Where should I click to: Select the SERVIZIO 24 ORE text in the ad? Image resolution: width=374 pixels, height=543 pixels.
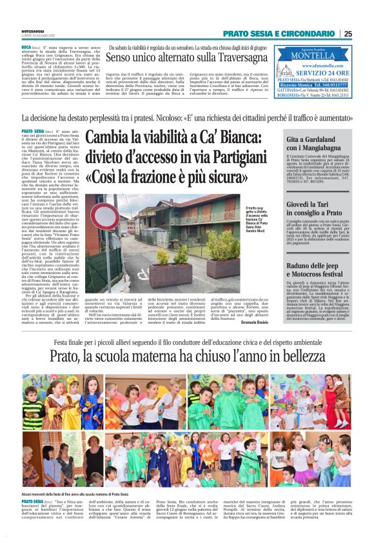pyautogui.click(x=321, y=72)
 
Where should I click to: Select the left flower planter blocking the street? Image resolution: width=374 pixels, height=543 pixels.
pyautogui.click(x=159, y=257)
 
